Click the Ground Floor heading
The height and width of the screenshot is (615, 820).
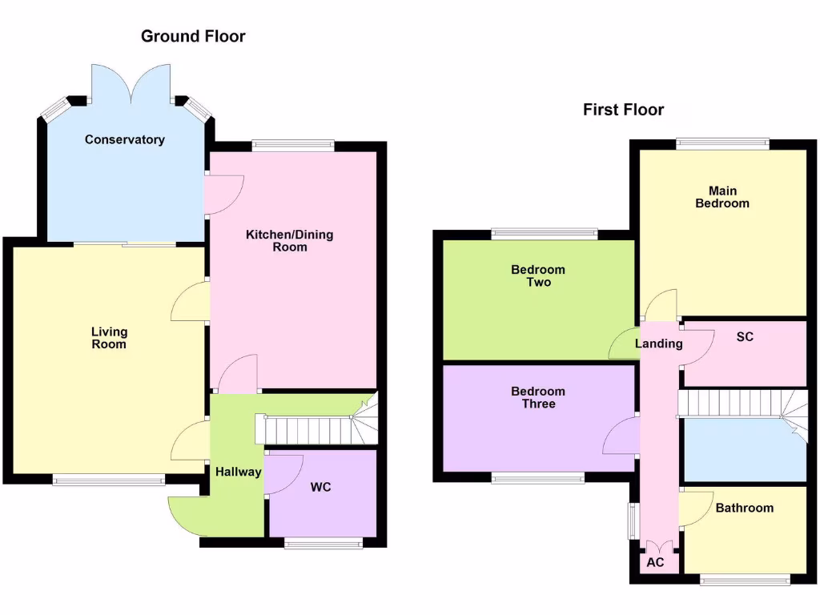click(193, 36)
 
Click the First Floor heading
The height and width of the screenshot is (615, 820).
click(623, 110)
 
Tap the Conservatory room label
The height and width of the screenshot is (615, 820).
click(125, 139)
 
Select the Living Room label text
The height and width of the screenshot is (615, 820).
click(109, 338)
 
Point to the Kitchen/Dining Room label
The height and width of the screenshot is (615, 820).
click(289, 241)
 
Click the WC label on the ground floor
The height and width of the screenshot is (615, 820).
click(321, 487)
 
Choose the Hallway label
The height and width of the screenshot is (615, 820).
click(238, 472)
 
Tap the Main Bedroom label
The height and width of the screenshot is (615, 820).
click(722, 197)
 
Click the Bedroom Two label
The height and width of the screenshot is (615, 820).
click(538, 276)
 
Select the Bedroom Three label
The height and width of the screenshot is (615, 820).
click(538, 398)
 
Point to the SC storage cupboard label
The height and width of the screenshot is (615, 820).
click(745, 337)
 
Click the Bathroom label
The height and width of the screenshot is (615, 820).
click(745, 508)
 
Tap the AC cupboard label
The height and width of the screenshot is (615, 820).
click(655, 562)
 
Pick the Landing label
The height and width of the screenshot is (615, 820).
click(658, 344)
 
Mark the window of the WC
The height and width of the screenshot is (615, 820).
click(324, 543)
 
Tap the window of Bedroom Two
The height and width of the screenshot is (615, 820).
click(545, 235)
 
